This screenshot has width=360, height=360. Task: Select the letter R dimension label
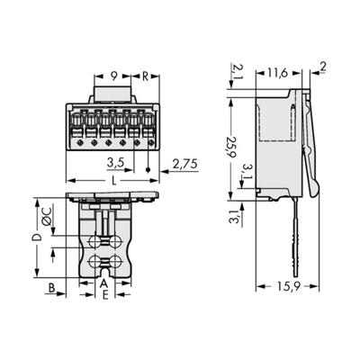(145, 76)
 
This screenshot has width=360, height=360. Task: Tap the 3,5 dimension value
(115, 164)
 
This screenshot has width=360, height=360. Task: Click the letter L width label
(111, 182)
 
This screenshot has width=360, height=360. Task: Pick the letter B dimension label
(52, 289)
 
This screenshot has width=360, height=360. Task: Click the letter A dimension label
(103, 283)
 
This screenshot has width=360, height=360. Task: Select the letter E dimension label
(103, 294)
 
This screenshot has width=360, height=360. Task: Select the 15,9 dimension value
(287, 289)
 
